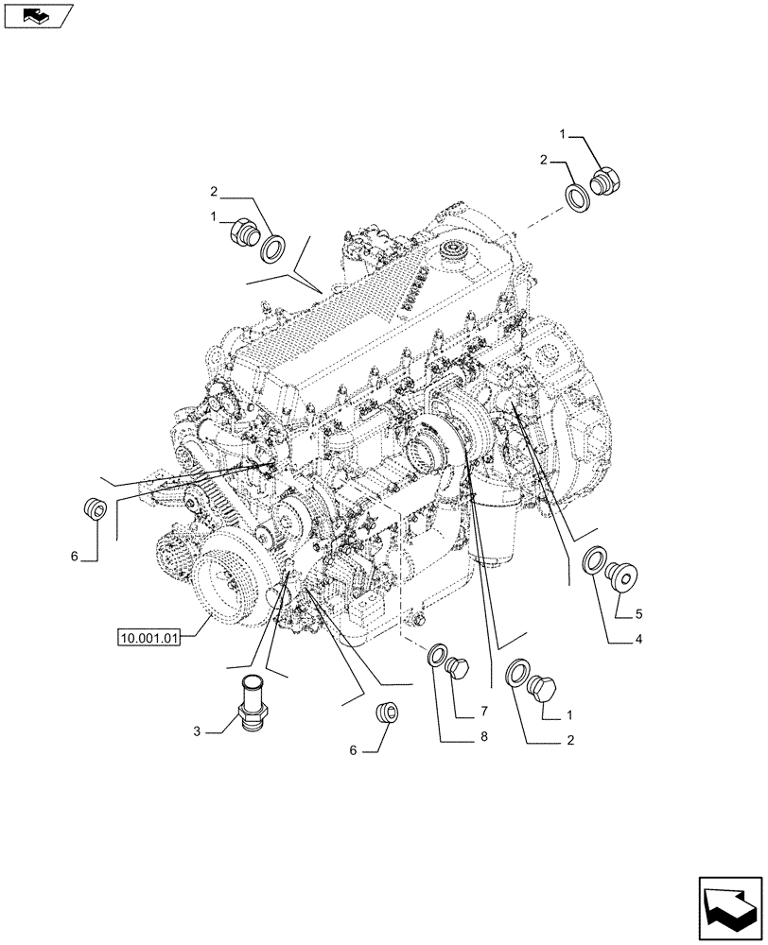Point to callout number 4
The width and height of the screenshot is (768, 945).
(638, 639)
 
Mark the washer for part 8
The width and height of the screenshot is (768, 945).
(438, 654)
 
